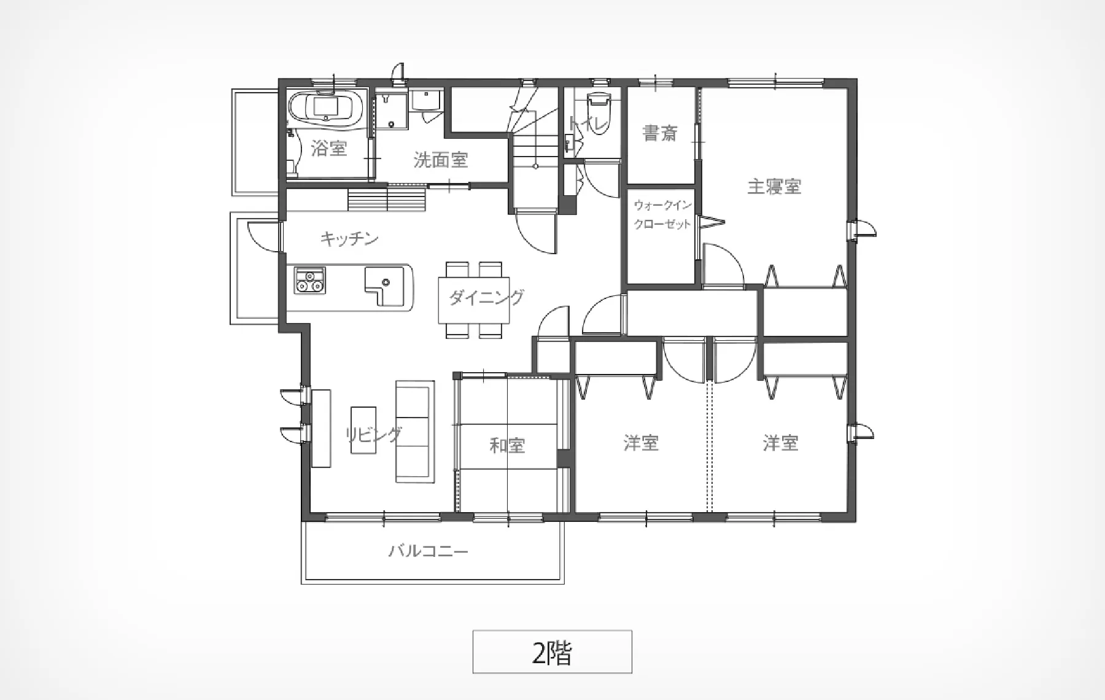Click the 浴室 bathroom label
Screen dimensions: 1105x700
tap(329, 149)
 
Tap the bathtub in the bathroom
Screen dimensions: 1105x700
tap(326, 109)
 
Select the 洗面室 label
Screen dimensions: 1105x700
tap(441, 160)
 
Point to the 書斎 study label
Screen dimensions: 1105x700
tap(660, 133)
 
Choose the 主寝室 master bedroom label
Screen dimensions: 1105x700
tap(774, 186)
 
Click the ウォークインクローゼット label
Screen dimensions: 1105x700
tap(662, 214)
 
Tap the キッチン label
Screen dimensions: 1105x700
tap(349, 238)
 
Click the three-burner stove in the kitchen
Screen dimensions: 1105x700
tap(309, 280)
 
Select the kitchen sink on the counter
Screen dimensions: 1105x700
tap(384, 286)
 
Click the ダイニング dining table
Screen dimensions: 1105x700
tap(474, 300)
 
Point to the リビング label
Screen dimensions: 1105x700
tap(373, 434)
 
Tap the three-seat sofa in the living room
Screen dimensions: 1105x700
tap(415, 431)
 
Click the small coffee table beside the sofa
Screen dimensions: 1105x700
tap(363, 430)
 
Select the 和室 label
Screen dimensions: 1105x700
tap(507, 445)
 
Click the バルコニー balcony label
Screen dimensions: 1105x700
tap(428, 551)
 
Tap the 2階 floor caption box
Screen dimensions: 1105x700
tap(552, 651)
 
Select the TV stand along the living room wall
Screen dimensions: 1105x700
tap(321, 429)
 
